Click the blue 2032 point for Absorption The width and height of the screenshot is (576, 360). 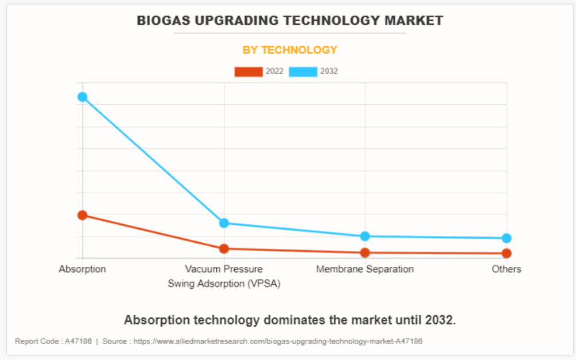(x=82, y=97)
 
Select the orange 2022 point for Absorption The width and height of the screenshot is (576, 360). (x=82, y=215)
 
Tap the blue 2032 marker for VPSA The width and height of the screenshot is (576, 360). (x=224, y=223)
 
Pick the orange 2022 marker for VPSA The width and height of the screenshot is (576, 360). (x=224, y=249)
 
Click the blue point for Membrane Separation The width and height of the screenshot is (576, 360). (x=365, y=236)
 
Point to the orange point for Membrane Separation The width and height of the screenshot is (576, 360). (x=365, y=252)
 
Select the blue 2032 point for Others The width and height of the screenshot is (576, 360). (x=506, y=238)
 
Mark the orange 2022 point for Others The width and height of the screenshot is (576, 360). (x=506, y=253)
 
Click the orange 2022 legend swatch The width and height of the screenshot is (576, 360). (x=249, y=71)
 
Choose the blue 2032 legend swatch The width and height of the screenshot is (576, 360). (x=303, y=71)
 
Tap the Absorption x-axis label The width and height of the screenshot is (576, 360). (x=82, y=269)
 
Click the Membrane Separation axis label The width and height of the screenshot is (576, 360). (x=365, y=269)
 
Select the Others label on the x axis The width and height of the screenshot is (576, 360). (x=506, y=269)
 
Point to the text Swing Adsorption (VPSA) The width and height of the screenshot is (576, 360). (x=224, y=284)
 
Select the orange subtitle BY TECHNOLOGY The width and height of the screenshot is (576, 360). (x=290, y=50)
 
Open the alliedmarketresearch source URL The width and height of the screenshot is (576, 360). (x=278, y=341)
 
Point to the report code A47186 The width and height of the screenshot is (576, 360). (x=78, y=341)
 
